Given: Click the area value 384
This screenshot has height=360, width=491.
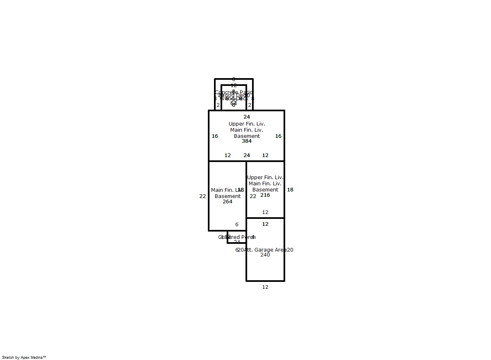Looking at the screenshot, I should pos(246,141).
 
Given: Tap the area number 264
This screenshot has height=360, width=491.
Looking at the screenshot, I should pos(227,202).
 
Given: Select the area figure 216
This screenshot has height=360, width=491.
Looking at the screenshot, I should pos(265,195).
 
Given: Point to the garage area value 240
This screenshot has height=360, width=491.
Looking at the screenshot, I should pos(265,255).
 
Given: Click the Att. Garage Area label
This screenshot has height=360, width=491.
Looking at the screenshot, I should pos(265,250).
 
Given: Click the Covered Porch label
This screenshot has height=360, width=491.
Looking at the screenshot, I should pos(237,237).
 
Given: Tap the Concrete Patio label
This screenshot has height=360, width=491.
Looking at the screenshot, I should pos(234,92).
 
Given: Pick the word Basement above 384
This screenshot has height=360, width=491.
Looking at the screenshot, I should pos(247,136).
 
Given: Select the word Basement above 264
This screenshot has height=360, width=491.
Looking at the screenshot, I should pos(227,196).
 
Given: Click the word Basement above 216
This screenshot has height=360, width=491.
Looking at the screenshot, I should pos(265,190).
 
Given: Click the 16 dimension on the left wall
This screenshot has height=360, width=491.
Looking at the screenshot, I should pos(215,136).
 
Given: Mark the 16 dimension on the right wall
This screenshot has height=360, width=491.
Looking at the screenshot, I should pos(278,136).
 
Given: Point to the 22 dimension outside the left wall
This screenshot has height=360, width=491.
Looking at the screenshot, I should pos(203,196).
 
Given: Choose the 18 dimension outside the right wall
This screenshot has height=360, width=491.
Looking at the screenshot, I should pos(290,190).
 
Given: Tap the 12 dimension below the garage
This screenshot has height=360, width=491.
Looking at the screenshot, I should pos(265,287).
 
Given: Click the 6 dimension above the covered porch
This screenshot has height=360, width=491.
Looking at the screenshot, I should pos(237,225).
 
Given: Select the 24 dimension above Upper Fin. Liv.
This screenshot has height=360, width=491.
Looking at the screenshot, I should pos(247,117).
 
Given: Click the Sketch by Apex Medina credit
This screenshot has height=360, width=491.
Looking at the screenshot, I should pos(24,357).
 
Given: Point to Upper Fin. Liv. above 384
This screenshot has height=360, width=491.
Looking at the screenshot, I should pos(247,124).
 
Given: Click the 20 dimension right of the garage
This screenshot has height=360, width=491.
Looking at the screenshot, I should pos(290,250).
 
